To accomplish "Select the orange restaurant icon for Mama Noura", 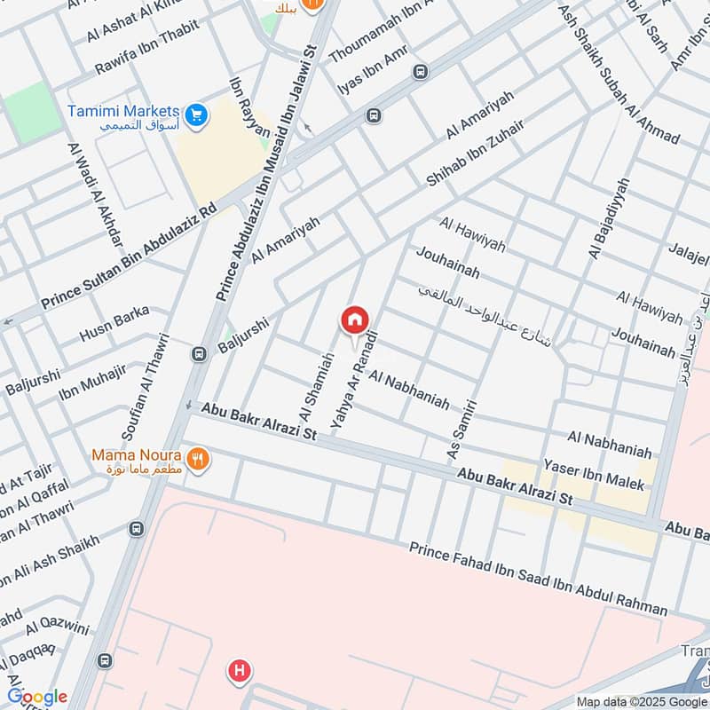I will click(200, 459).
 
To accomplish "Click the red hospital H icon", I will click(238, 671).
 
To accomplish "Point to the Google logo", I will click(37, 697).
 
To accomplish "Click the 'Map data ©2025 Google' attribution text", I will click(635, 700).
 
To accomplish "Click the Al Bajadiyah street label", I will click(608, 218).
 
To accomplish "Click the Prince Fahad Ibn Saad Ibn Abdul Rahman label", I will click(538, 578).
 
